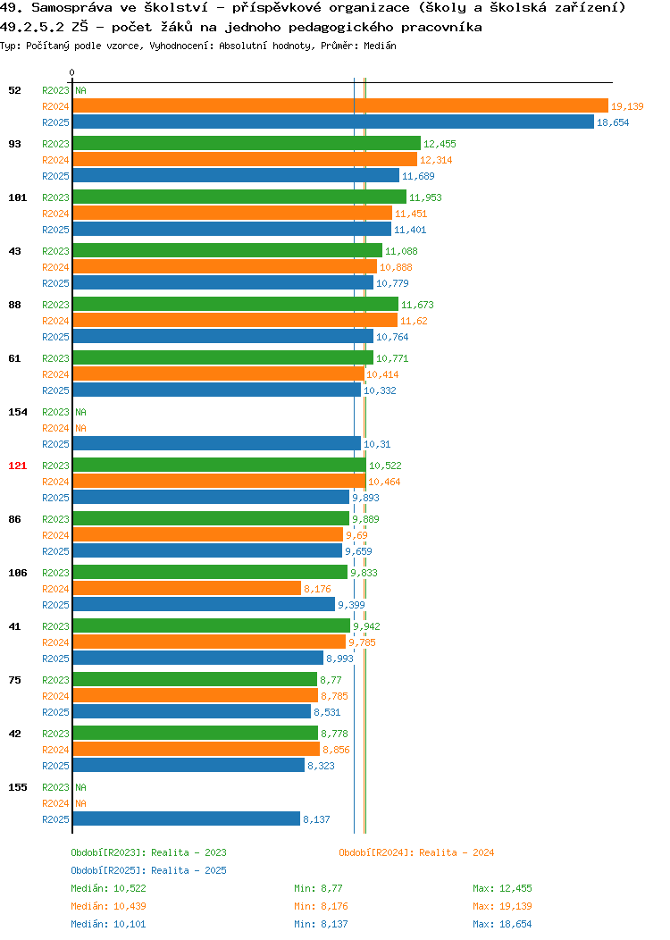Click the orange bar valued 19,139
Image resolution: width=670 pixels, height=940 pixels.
(340, 106)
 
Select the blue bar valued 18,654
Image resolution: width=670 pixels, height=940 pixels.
(333, 122)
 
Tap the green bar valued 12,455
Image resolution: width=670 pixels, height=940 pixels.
(247, 144)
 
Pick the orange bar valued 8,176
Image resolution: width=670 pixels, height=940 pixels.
(187, 589)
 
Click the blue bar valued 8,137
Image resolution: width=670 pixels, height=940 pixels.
(187, 818)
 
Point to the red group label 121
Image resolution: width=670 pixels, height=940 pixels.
(17, 466)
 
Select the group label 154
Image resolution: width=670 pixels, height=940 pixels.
(17, 412)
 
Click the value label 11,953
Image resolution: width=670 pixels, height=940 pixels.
(425, 197)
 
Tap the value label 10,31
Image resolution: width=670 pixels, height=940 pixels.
(377, 444)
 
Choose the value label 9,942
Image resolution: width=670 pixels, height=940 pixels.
(367, 626)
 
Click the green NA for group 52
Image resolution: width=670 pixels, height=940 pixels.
(81, 90)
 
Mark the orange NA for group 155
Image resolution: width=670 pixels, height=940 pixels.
(81, 803)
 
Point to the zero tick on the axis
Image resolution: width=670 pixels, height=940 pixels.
(72, 72)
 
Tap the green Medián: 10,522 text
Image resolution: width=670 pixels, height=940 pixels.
(108, 888)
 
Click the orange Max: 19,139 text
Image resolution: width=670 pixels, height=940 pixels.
(502, 906)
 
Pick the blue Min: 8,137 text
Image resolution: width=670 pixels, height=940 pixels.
(321, 925)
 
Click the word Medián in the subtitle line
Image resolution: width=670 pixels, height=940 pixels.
(380, 46)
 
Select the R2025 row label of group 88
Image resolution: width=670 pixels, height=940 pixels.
(55, 337)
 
